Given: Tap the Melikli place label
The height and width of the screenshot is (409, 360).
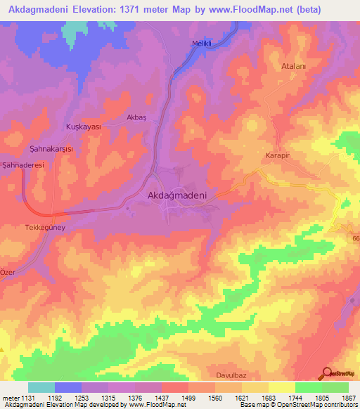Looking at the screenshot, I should (x=202, y=44).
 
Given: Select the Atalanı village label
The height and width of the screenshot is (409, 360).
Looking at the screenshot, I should (x=293, y=60).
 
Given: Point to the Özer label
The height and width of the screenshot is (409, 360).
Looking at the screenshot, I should (x=7, y=272).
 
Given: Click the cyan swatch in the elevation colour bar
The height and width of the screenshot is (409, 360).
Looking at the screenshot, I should (x=41, y=387).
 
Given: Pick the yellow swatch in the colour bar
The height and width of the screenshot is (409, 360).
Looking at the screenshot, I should (x=282, y=387).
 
